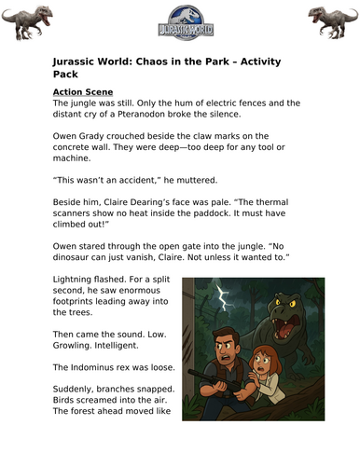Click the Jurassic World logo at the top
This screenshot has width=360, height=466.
179,21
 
